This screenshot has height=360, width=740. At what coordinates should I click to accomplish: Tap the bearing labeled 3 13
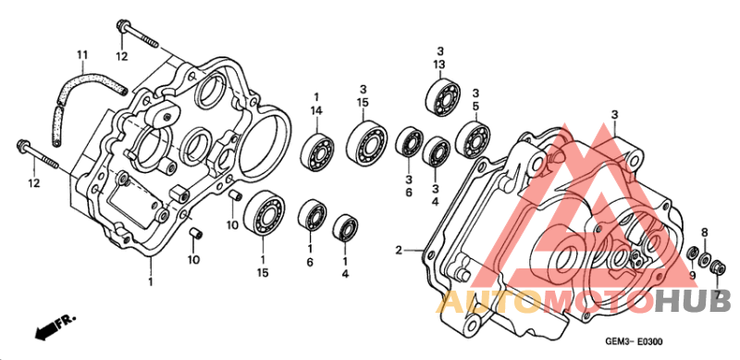point(443,95)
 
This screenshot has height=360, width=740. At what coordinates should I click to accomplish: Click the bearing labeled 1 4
point(345,230)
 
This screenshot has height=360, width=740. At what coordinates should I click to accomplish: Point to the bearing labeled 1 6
point(313,215)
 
